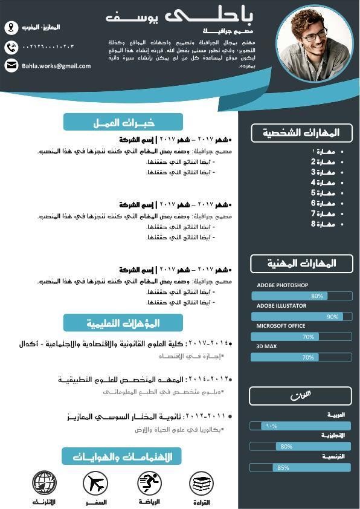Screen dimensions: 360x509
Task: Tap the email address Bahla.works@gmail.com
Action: (x=56, y=66)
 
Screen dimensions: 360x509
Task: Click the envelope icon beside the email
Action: (x=11, y=65)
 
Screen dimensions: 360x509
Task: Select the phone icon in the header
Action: (x=11, y=47)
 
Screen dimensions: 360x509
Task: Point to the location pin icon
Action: (x=11, y=27)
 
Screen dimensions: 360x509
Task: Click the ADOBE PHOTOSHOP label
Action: (x=282, y=285)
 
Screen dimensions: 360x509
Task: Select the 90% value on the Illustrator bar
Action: (x=332, y=317)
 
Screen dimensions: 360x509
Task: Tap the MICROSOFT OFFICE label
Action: (x=281, y=326)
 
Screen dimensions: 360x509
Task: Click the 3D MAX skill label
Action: (x=266, y=346)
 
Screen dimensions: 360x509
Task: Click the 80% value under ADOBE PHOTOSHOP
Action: (x=317, y=296)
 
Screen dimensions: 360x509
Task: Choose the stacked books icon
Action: (x=201, y=483)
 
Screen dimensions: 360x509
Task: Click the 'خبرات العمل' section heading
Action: (x=123, y=123)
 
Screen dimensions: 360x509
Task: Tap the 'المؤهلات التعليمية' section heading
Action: (x=123, y=323)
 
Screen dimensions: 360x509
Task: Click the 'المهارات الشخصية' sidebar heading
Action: (x=301, y=133)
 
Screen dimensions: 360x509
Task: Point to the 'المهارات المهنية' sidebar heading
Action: (x=301, y=264)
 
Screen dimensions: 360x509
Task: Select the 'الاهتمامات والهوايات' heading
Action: (x=122, y=456)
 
